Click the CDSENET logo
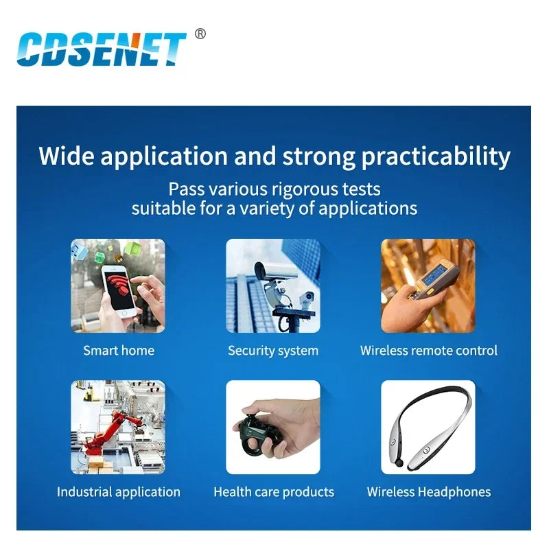[x=102, y=49]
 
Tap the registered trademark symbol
[x=200, y=34]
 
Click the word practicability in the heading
[x=436, y=156]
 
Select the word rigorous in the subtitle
[x=305, y=189]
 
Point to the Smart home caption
[x=119, y=351]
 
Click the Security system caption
[x=273, y=351]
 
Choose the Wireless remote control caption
[x=428, y=351]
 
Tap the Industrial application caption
[x=119, y=492]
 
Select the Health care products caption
[x=274, y=492]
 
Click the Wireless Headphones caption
[x=428, y=492]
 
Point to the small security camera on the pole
[x=307, y=299]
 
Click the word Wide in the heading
[x=67, y=156]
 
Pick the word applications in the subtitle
[x=368, y=209]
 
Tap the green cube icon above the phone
[x=132, y=249]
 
